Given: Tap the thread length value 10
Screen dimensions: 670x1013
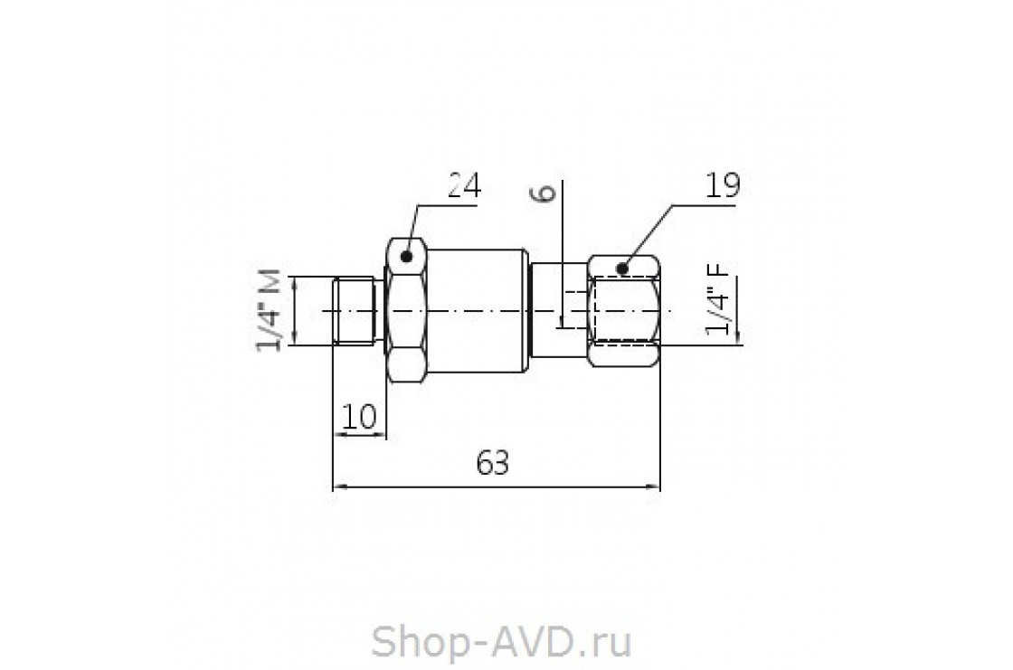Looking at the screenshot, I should click(x=359, y=417).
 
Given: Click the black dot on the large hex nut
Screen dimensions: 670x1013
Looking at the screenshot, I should click(x=408, y=258).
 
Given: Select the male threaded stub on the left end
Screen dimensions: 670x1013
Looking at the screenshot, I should click(x=354, y=311).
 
